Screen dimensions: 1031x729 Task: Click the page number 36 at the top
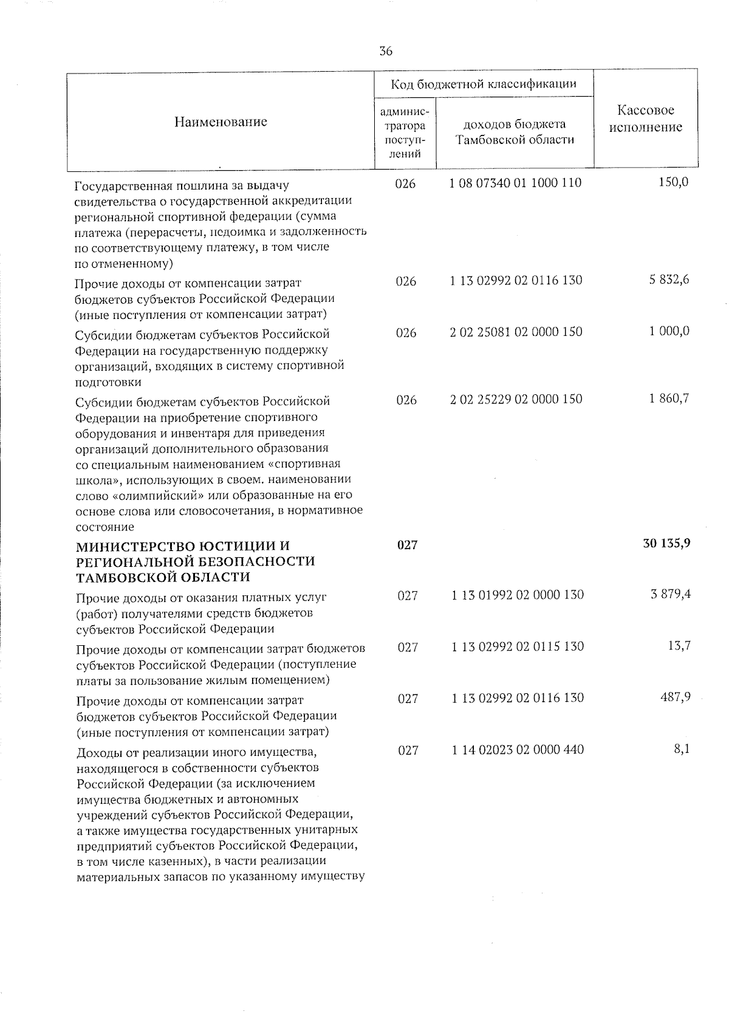point(386,51)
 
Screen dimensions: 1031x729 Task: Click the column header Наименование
point(221,122)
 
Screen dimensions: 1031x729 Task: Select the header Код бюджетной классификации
point(483,84)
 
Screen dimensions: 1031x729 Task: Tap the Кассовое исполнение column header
point(646,119)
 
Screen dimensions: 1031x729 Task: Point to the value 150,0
point(674,182)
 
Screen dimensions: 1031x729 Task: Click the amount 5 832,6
point(669,280)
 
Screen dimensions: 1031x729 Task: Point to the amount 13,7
point(679,646)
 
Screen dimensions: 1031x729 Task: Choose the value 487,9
point(676,697)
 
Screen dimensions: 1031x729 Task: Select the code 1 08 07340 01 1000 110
point(516,182)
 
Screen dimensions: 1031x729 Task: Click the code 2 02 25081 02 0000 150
point(516,332)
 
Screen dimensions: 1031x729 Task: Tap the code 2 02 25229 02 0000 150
point(516,399)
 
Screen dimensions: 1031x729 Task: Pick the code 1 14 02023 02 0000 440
point(518,750)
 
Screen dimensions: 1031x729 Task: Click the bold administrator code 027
point(407,545)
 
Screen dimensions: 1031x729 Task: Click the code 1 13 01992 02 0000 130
point(518,595)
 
